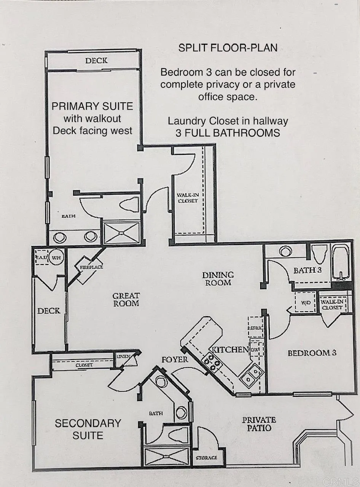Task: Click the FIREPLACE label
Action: [x=92, y=267]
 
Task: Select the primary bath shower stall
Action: [x=122, y=233]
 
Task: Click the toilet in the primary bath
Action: [x=129, y=204]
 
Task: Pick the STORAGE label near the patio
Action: [x=207, y=457]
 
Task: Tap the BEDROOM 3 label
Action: [x=312, y=353]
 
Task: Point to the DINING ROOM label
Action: [x=218, y=279]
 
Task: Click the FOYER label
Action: [x=175, y=360]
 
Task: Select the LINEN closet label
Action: [x=124, y=356]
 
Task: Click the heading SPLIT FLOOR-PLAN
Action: [x=228, y=48]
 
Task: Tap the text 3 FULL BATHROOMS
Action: [x=228, y=133]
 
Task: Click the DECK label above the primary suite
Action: [x=96, y=60]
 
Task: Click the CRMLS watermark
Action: [x=344, y=481]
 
